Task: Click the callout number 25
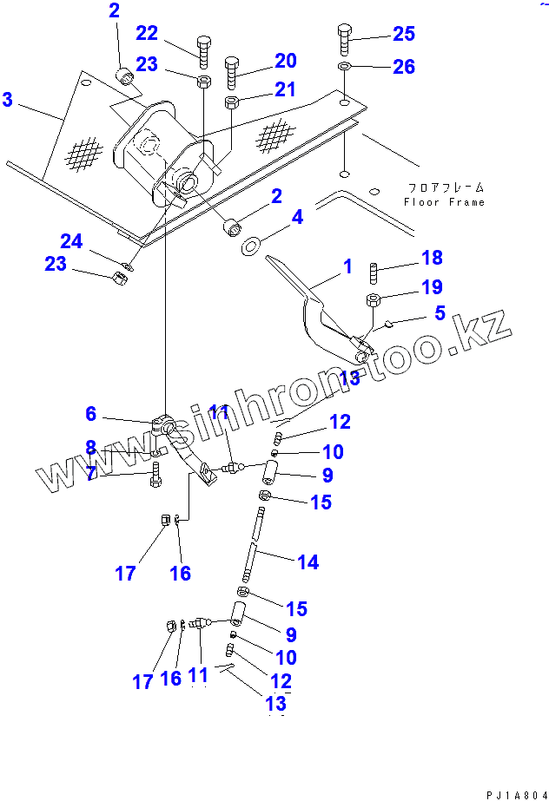tap(404, 35)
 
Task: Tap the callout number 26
tap(404, 67)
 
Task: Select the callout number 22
tap(147, 33)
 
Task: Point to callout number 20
tap(286, 61)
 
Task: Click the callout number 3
tap(8, 100)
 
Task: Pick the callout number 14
tap(308, 562)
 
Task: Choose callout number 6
tap(90, 415)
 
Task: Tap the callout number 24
tap(70, 240)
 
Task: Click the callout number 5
tap(440, 313)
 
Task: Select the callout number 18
tap(432, 258)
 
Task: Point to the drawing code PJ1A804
tap(516, 792)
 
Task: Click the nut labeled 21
tap(232, 102)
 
